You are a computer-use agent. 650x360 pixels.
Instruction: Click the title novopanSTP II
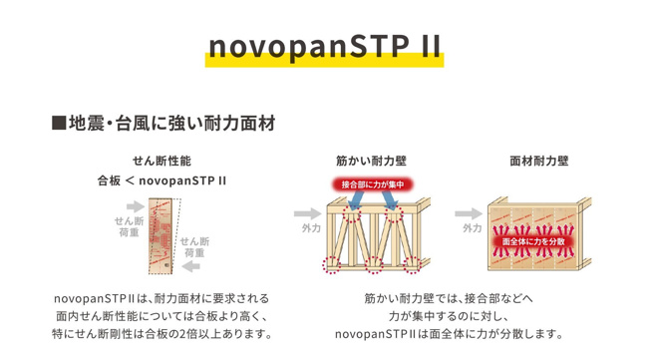[325, 47]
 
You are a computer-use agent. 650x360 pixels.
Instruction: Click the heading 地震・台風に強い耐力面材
[163, 124]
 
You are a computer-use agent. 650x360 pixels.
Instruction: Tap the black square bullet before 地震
[59, 124]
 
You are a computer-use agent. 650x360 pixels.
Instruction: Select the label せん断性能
[162, 161]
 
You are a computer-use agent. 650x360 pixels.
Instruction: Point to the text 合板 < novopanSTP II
[162, 180]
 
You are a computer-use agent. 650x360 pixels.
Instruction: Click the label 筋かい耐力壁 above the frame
[371, 161]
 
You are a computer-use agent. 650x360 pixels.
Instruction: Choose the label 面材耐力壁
[539, 161]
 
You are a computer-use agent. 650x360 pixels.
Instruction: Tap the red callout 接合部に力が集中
[373, 184]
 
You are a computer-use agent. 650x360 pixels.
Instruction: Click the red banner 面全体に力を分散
[533, 241]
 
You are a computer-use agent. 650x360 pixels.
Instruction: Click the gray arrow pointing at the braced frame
[308, 214]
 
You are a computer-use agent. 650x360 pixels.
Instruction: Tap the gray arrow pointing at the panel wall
[469, 214]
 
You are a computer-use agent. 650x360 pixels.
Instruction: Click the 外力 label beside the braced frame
[311, 228]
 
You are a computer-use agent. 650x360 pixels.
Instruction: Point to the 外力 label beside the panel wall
[473, 228]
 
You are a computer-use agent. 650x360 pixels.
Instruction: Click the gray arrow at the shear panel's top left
[136, 206]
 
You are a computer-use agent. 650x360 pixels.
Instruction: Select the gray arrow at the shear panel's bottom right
[191, 266]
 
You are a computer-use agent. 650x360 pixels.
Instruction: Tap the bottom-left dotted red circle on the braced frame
[332, 265]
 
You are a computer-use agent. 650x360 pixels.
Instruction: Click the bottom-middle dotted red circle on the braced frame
[374, 265]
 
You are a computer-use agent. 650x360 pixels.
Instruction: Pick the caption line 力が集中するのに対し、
[449, 316]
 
